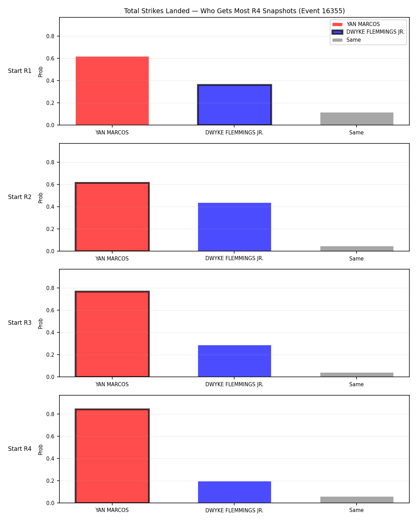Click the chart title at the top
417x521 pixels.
234,11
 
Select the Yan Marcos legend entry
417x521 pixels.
356,24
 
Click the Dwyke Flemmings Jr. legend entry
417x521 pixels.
368,32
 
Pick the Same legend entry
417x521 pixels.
347,40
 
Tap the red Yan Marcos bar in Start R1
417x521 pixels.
112,91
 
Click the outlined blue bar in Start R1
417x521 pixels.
234,105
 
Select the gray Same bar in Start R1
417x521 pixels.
357,119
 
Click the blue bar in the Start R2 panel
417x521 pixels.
234,227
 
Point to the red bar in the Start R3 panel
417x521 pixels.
112,334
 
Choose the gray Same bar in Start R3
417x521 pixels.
357,375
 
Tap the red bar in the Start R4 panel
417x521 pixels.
112,456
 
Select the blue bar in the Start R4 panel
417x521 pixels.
234,492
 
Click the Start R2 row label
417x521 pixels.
19,197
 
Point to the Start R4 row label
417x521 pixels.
19,449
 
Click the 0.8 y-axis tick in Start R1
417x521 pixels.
50,36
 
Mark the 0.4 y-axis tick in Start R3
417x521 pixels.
50,333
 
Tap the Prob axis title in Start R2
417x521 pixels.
40,198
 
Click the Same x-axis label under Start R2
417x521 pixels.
357,258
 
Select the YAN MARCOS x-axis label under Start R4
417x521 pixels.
112,510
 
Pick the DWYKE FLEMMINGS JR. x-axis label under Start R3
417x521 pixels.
234,384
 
